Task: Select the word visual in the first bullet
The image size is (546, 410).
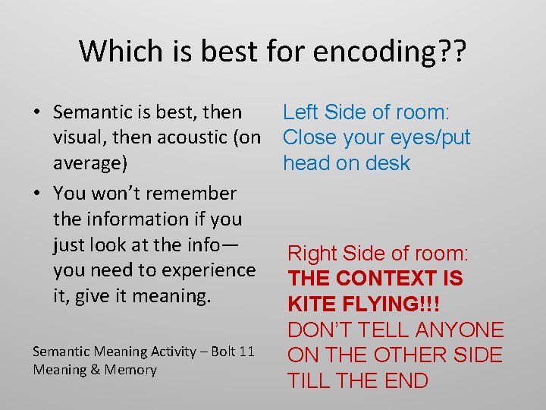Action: tap(77, 137)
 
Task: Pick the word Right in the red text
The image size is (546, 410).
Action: tap(312, 254)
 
